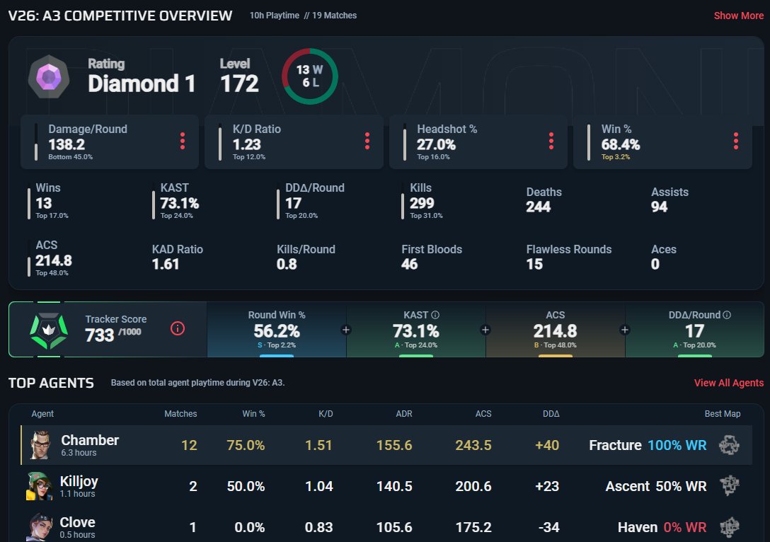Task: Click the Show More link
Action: (739, 16)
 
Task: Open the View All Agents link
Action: (729, 383)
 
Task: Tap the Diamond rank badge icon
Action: (49, 76)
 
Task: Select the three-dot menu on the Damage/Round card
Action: (183, 141)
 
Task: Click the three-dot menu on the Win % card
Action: (735, 141)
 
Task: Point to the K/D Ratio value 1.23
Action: (246, 144)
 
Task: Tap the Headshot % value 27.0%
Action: (436, 144)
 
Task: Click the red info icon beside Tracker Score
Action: (177, 328)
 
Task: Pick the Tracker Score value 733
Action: (99, 335)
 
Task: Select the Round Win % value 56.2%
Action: (277, 331)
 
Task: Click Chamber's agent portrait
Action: (40, 445)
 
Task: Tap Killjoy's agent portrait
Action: (39, 486)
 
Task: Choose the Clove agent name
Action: (78, 522)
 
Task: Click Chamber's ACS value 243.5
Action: (473, 445)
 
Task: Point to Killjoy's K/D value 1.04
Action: (318, 486)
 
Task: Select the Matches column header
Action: (180, 414)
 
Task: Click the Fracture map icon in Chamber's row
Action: (729, 445)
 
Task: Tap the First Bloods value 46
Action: (410, 264)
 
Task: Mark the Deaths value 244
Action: (538, 207)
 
